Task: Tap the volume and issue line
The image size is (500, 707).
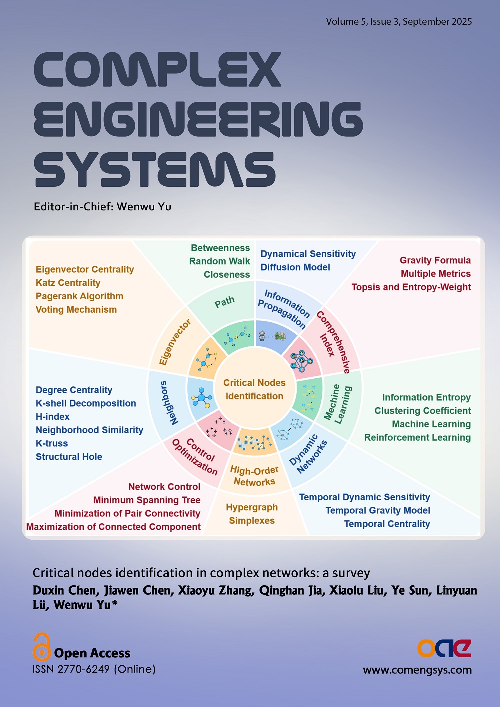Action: (399, 22)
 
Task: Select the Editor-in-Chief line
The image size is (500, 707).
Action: (102, 206)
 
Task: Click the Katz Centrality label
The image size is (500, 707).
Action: (68, 283)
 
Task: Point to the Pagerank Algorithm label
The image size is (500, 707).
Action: (79, 296)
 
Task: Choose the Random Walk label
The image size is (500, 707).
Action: (219, 261)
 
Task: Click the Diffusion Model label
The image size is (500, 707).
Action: (295, 267)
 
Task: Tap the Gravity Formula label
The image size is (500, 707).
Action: (435, 260)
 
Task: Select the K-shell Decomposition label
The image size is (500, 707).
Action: (86, 403)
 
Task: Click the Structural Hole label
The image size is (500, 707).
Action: (69, 457)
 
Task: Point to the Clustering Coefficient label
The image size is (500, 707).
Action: (423, 411)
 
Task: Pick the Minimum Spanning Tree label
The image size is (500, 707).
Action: (147, 500)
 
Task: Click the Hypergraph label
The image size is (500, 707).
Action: (252, 507)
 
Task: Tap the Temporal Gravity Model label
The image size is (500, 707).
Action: (378, 510)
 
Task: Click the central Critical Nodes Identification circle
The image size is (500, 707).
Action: (254, 389)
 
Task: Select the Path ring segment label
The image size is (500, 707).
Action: (224, 302)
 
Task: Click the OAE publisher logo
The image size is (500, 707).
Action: (444, 648)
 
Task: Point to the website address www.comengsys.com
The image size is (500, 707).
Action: (417, 670)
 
